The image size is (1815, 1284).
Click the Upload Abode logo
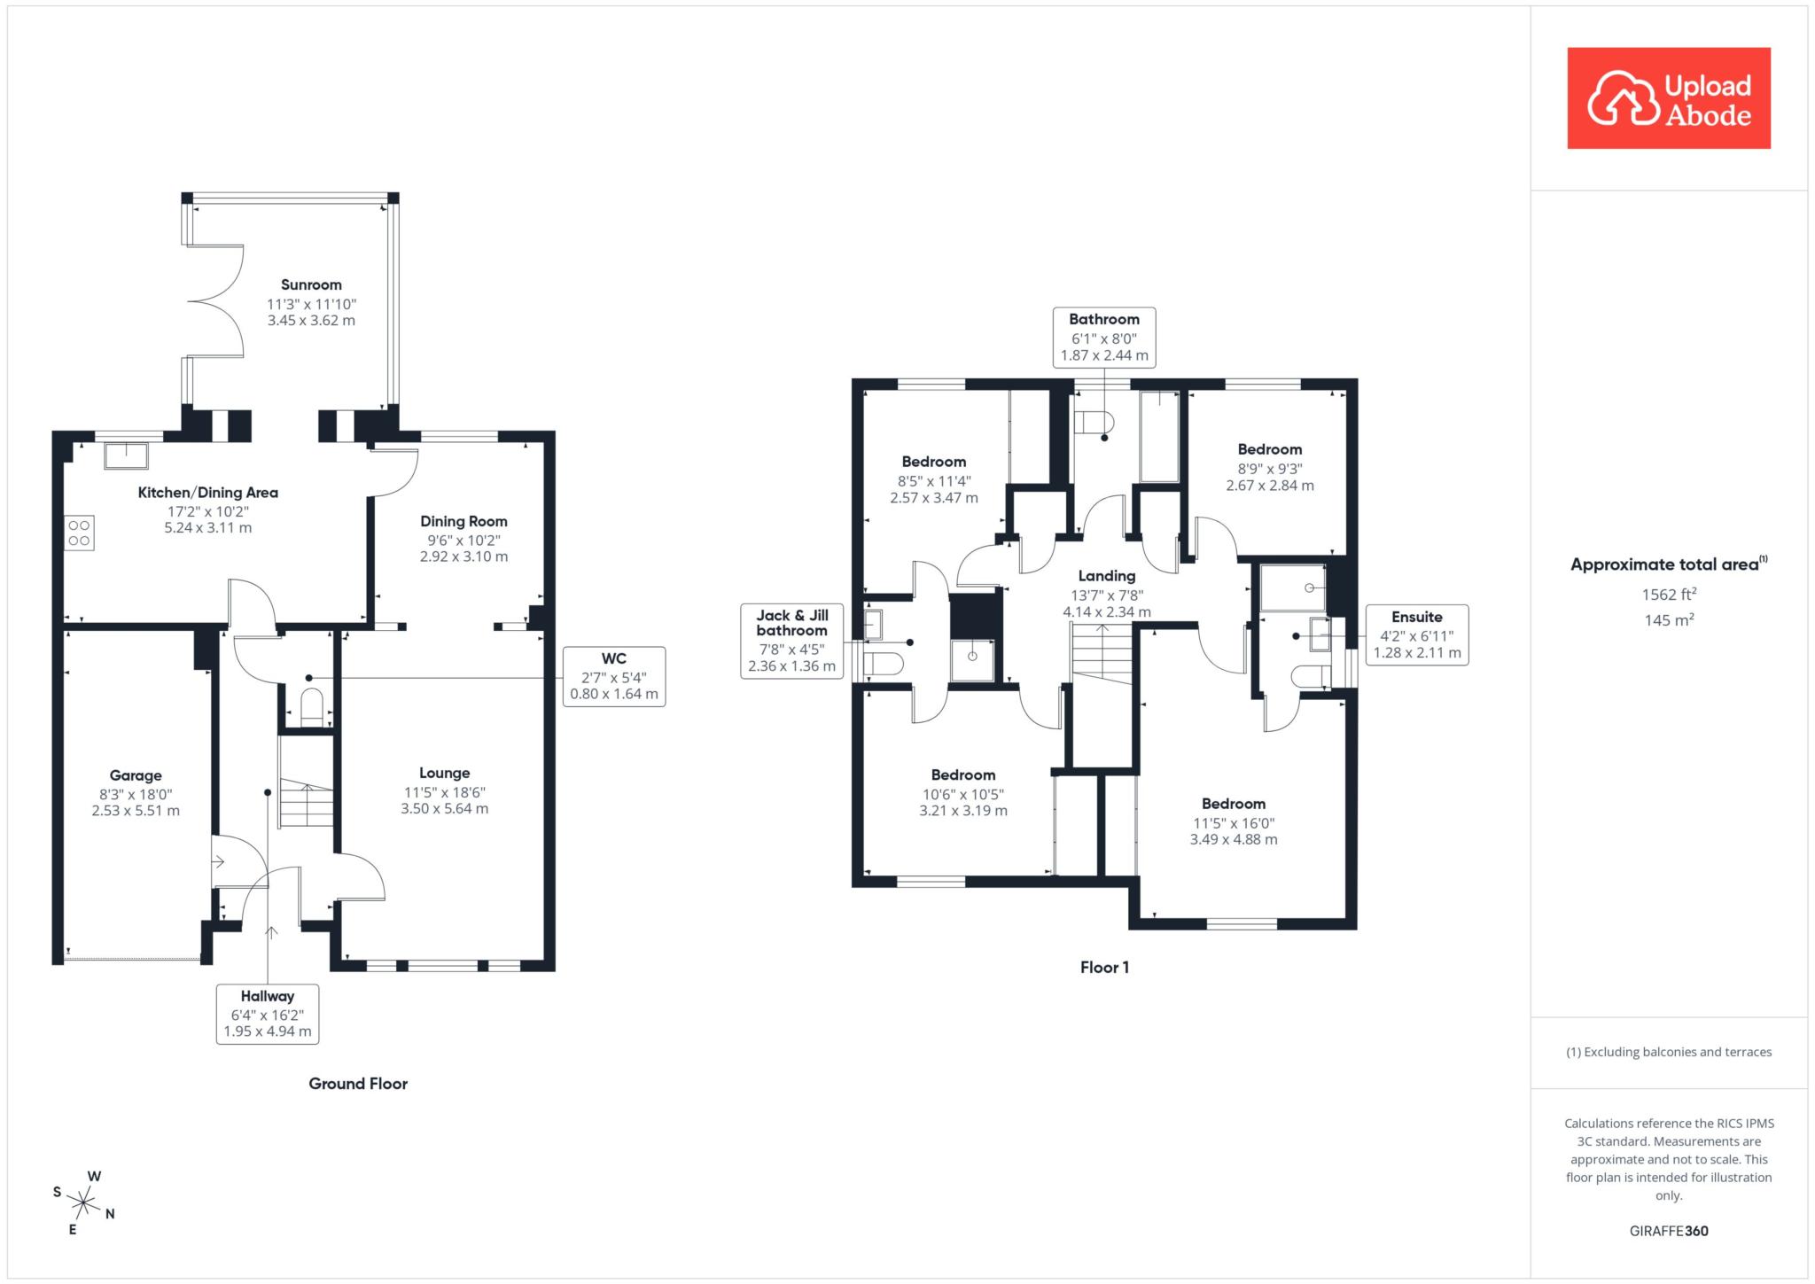coord(1669,98)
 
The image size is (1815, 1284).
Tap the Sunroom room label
coord(311,284)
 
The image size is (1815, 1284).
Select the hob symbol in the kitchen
coord(79,533)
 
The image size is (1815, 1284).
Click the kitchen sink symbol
coord(126,455)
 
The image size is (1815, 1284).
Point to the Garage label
coord(136,776)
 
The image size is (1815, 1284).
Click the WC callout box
coord(614,676)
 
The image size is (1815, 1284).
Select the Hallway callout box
coord(267,1014)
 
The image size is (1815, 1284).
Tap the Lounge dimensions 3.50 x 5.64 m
coord(445,808)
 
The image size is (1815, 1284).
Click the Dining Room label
coord(463,521)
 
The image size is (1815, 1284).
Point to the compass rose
coord(83,1202)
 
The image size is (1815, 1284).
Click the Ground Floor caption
coord(358,1083)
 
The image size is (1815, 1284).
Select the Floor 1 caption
coord(1104,967)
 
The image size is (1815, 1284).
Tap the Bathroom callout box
coord(1104,337)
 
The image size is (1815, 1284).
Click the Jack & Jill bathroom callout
coord(791,642)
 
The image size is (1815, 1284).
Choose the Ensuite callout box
coord(1417,634)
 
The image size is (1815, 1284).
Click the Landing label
coord(1107,576)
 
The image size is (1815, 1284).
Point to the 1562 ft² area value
coord(1669,595)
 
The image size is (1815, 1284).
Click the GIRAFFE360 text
coord(1669,1231)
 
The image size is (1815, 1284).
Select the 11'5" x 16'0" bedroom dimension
coord(1234,823)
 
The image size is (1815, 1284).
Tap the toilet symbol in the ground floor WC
coord(312,707)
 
